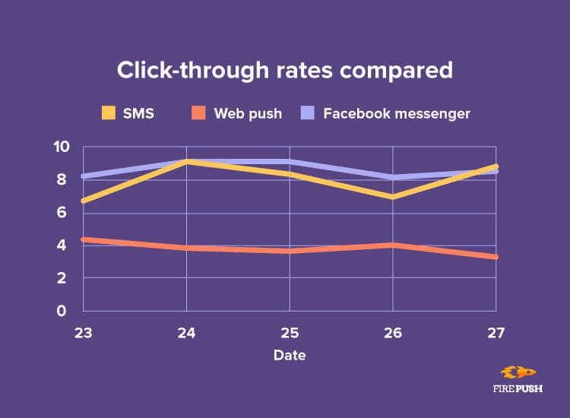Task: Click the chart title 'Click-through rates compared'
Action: [x=284, y=71]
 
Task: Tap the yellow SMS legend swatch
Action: [x=109, y=113]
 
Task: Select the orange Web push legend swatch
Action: [x=199, y=113]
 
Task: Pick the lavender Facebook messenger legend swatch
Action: [x=309, y=113]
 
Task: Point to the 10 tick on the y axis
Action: [x=61, y=147]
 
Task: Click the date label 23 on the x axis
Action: [x=83, y=332]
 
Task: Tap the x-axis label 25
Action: [x=289, y=332]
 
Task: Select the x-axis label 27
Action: [x=496, y=332]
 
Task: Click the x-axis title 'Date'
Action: [x=290, y=355]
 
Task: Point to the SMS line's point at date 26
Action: [x=392, y=197]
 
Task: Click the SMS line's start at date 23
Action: [x=84, y=201]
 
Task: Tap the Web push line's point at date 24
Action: [x=186, y=248]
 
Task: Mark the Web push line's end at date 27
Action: [x=495, y=257]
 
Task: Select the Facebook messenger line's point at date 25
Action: [x=289, y=161]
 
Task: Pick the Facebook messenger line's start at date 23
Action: [x=84, y=176]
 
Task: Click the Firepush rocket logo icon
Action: [x=519, y=372]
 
